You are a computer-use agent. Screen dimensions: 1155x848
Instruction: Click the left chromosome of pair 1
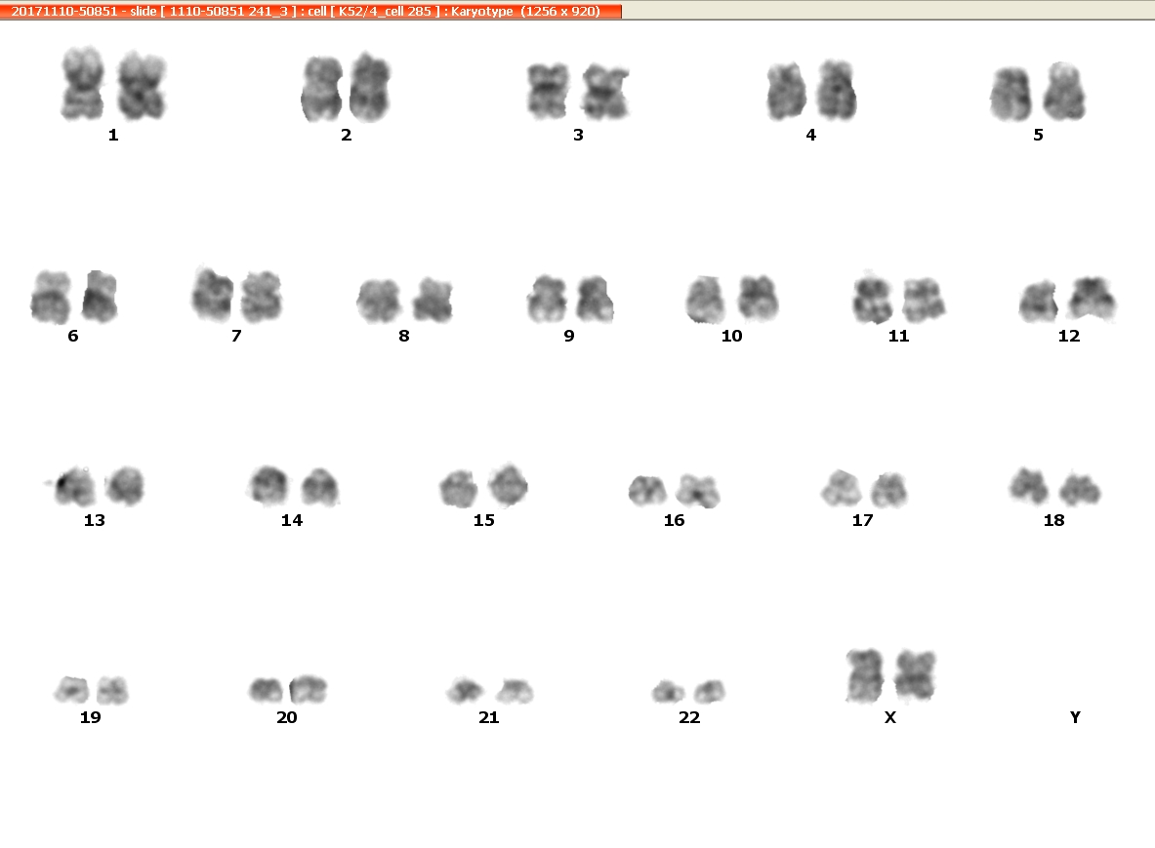[82, 83]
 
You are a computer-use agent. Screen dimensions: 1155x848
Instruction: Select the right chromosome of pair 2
[370, 87]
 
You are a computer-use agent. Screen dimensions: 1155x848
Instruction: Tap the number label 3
[578, 135]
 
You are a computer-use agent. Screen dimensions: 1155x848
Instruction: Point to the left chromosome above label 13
[73, 487]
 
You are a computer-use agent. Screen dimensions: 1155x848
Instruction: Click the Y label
[1075, 717]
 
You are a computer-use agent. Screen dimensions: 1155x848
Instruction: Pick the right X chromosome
[916, 675]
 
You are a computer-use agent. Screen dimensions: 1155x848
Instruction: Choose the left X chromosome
[865, 675]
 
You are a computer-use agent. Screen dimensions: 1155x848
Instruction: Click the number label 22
[689, 717]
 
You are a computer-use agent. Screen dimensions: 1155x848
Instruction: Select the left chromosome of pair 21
[466, 691]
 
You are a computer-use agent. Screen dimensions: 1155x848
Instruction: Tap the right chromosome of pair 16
[698, 491]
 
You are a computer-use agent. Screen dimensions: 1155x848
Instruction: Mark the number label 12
[1069, 336]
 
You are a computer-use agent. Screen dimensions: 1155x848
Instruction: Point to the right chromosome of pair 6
[100, 297]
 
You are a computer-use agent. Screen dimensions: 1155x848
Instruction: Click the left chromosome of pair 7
[213, 294]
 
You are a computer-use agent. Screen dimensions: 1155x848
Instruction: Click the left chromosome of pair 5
[1011, 95]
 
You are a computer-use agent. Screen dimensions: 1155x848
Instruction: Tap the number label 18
[1054, 520]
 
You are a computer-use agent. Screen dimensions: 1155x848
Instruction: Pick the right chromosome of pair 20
[308, 689]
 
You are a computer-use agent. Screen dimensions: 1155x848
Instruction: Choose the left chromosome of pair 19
[72, 690]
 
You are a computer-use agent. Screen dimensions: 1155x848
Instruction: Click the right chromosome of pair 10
[758, 299]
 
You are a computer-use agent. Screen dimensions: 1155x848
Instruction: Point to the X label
[889, 717]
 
